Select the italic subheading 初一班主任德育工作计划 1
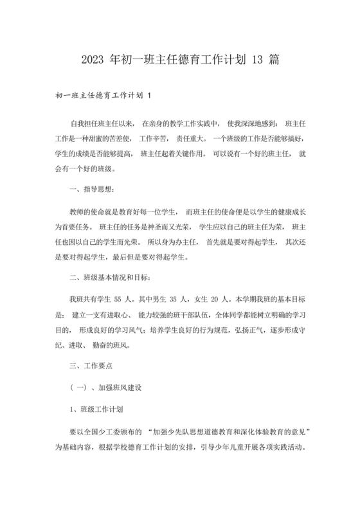tap(104, 96)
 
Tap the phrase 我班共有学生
tap(90, 299)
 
